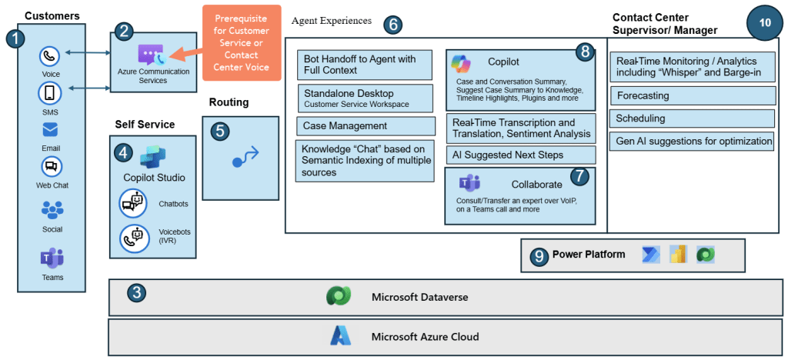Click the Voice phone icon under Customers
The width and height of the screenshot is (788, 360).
click(51, 56)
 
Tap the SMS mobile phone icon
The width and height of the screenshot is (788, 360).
click(51, 94)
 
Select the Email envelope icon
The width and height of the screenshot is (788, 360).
click(51, 130)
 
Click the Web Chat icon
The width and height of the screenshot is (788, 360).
click(51, 166)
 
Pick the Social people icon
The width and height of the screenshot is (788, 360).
click(52, 209)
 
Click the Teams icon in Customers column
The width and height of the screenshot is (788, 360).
click(52, 258)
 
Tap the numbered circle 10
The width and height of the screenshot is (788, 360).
click(764, 23)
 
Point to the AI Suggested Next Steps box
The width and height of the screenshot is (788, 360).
click(521, 155)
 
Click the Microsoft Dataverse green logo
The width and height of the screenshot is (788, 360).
click(339, 297)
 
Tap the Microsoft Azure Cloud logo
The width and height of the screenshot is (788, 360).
click(340, 336)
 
